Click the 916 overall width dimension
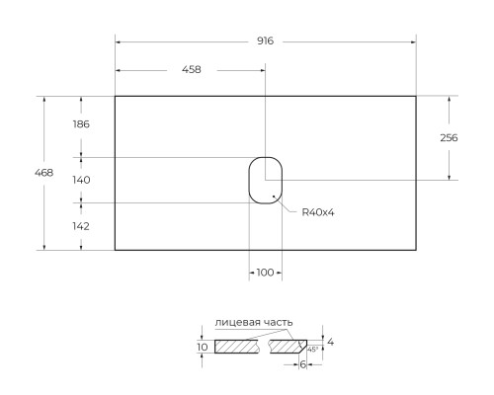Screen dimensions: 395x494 point(265,41)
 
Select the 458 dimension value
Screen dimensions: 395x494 point(191,70)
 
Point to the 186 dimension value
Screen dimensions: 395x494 point(81,124)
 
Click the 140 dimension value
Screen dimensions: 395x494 point(81,180)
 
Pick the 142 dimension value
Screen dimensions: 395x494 point(81,225)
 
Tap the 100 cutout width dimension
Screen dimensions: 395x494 point(265,273)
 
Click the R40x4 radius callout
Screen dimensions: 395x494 point(318,212)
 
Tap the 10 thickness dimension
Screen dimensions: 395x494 point(203,348)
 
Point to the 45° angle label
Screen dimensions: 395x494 point(312,349)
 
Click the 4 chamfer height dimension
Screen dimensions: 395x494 point(331,342)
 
